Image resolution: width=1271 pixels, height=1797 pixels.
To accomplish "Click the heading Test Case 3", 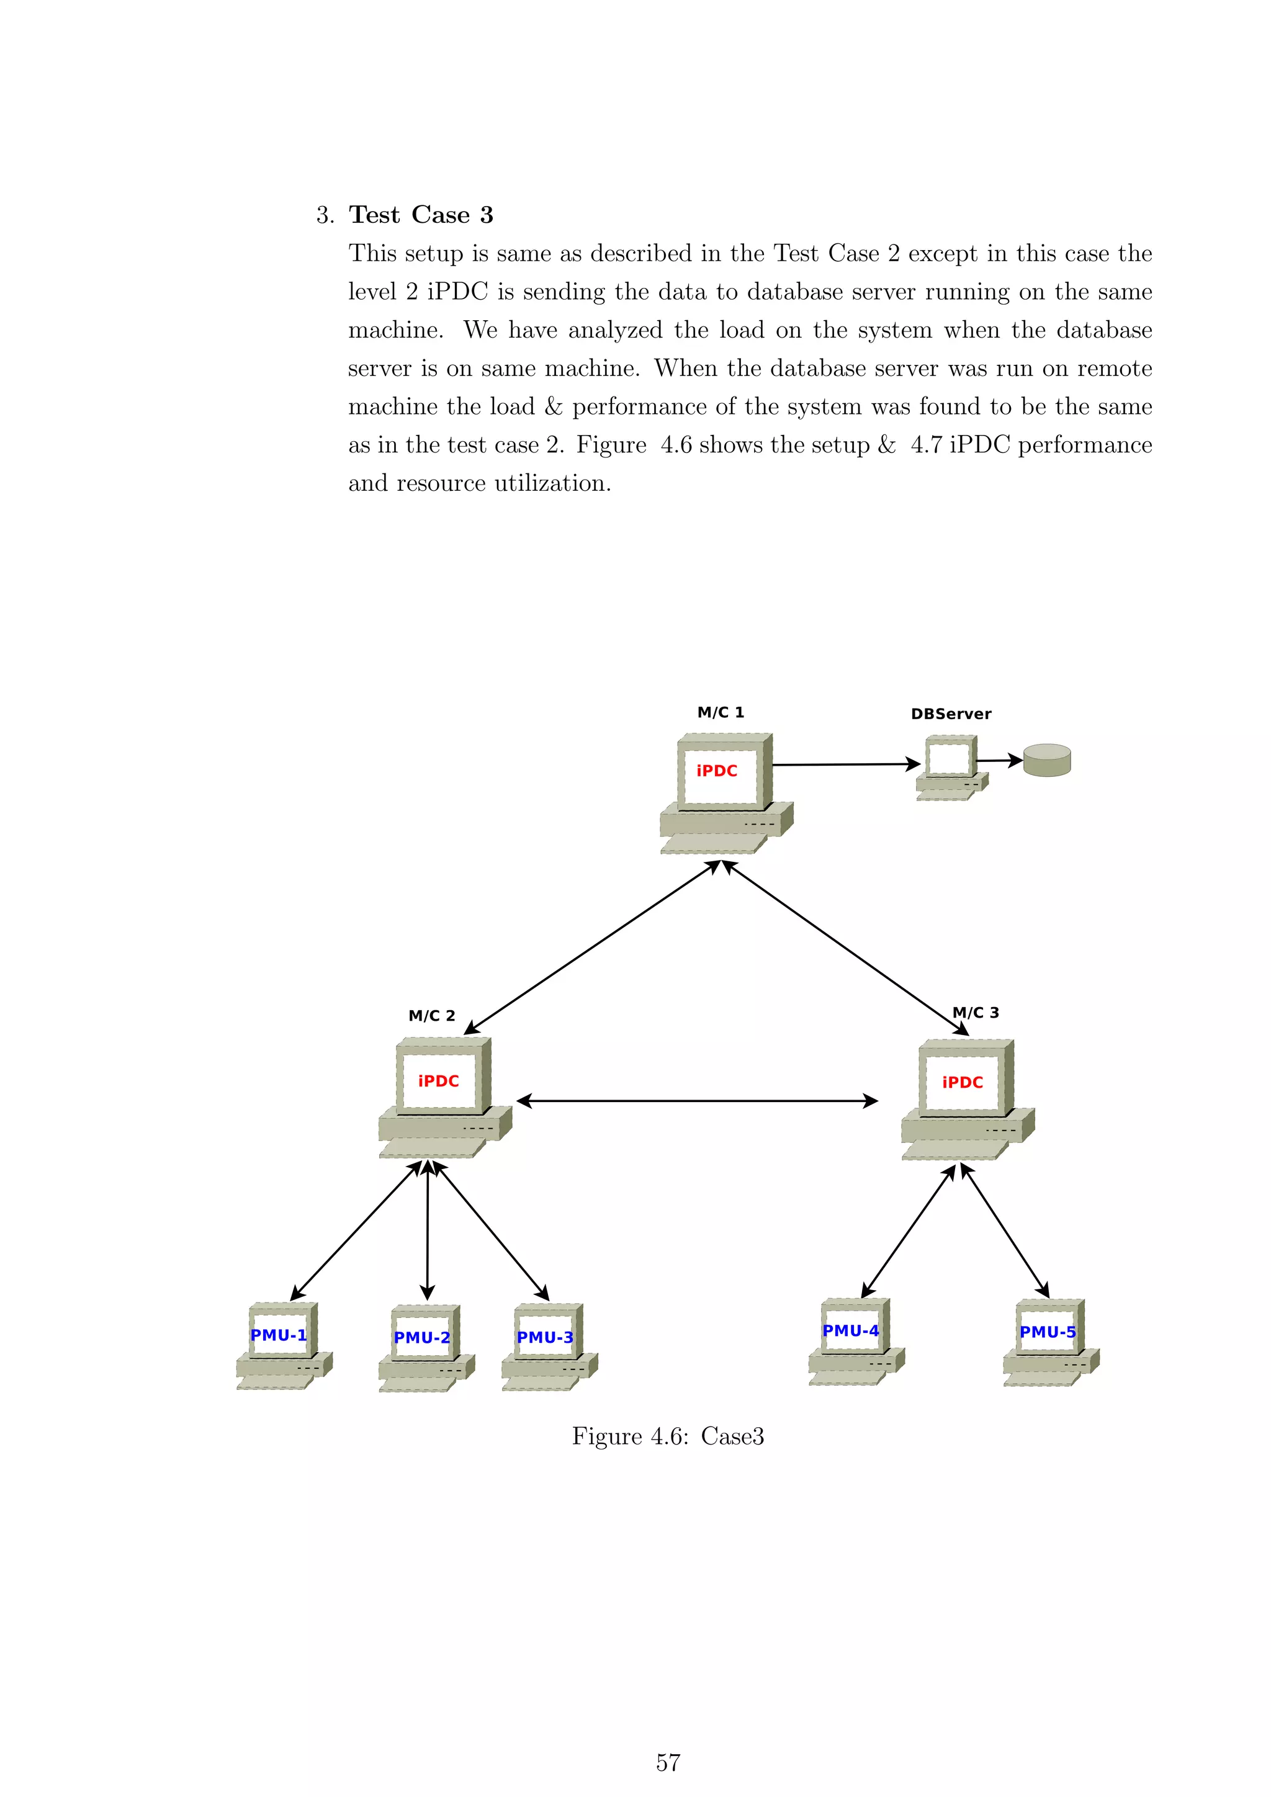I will pyautogui.click(x=420, y=215).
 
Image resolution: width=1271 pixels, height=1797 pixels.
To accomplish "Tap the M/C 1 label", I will pyautogui.click(x=720, y=712).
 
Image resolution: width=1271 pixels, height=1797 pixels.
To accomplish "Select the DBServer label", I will pyautogui.click(x=950, y=714).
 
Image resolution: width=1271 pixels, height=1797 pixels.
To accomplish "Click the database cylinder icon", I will pyautogui.click(x=1046, y=760).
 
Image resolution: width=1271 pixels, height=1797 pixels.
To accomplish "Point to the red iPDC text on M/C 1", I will pyautogui.click(x=717, y=771).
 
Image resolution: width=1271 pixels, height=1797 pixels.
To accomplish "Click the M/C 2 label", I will pyautogui.click(x=431, y=1016).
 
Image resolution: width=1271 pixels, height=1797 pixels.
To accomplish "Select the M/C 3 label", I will pyautogui.click(x=975, y=1013).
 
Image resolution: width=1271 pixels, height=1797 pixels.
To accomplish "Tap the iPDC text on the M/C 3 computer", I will pyautogui.click(x=962, y=1082).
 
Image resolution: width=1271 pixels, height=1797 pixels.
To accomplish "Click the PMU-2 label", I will pyautogui.click(x=422, y=1338).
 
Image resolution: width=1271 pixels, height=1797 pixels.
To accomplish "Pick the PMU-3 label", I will pyautogui.click(x=545, y=1338).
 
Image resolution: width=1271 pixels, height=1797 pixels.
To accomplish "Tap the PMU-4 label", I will pyautogui.click(x=850, y=1330).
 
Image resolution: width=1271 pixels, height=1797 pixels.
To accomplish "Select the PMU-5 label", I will pyautogui.click(x=1047, y=1332).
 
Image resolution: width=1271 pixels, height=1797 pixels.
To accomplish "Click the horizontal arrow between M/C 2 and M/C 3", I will pyautogui.click(x=696, y=1101).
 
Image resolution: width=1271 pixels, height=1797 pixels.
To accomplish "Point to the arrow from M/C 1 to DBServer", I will pyautogui.click(x=845, y=764).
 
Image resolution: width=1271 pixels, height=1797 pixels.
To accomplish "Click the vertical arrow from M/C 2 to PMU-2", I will pyautogui.click(x=428, y=1233).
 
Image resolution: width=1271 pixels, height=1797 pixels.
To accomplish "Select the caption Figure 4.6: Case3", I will pyautogui.click(x=668, y=1436).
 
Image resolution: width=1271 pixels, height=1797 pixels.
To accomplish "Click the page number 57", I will pyautogui.click(x=668, y=1763).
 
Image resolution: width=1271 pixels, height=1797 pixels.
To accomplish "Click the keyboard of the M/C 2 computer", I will pyautogui.click(x=433, y=1148).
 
